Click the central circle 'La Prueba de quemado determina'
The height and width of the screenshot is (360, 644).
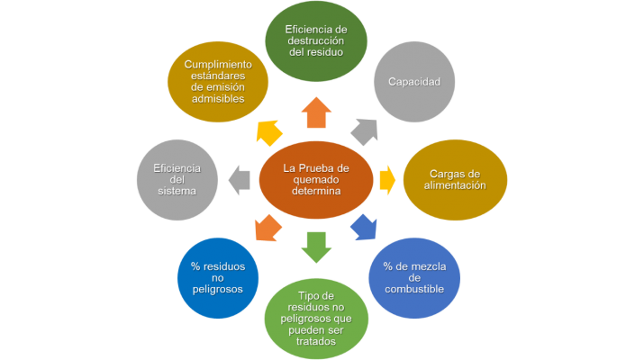pos(316,179)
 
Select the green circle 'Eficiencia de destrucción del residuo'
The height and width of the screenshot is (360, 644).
pos(315,40)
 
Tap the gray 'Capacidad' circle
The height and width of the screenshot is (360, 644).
pos(413,82)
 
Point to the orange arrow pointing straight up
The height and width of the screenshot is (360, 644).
pos(316,113)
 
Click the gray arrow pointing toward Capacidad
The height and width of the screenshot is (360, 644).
pos(364,131)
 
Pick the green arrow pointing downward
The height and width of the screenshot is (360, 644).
pos(316,246)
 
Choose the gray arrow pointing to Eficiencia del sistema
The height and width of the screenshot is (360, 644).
pos(240,179)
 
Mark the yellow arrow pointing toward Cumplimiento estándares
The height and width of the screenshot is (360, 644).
pos(268,132)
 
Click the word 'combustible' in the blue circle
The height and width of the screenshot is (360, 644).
pos(414,290)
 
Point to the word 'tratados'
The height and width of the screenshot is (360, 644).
pos(316,341)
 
